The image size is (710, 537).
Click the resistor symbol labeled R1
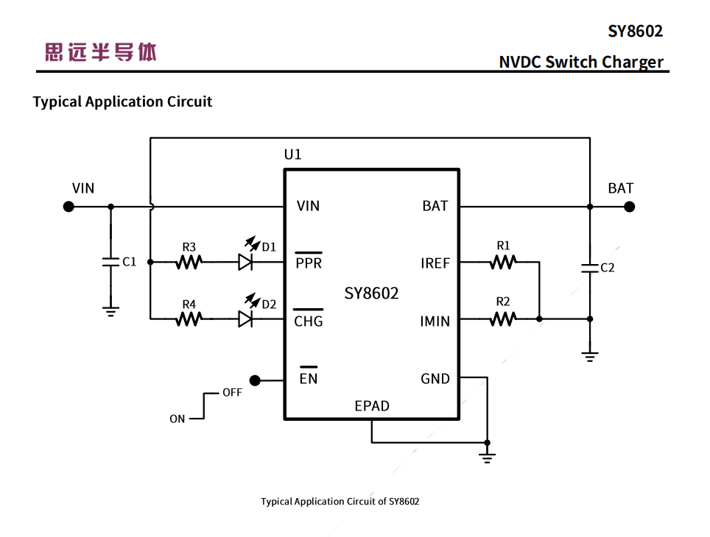click(503, 262)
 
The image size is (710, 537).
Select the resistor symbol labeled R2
click(503, 319)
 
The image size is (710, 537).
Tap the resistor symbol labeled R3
click(189, 262)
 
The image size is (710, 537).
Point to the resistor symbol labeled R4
click(189, 319)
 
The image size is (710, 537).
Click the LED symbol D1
click(245, 262)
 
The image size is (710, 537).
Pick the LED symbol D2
click(245, 319)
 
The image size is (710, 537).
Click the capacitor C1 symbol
click(110, 262)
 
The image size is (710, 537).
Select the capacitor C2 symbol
click(589, 268)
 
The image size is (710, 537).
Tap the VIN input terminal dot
click(68, 207)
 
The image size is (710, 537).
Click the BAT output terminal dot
click(629, 207)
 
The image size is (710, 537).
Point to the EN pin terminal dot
click(255, 380)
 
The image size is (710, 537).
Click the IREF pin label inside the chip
click(435, 263)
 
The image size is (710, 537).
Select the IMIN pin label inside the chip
click(435, 321)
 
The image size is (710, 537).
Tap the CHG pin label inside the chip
click(308, 321)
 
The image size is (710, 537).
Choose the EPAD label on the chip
click(372, 406)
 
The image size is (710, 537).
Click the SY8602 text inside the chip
click(371, 294)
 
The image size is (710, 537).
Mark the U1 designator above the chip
click(292, 154)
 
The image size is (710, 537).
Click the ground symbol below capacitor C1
click(110, 311)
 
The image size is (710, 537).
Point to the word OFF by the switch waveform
click(232, 393)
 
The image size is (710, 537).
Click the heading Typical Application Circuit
click(122, 102)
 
